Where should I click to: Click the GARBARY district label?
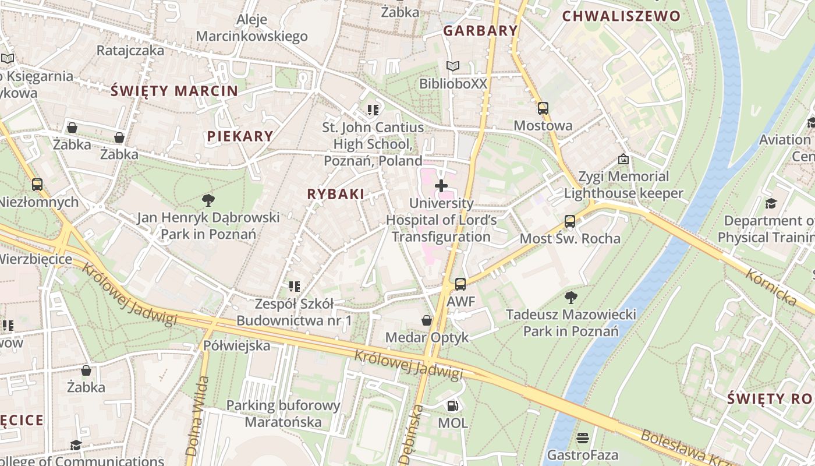(480, 31)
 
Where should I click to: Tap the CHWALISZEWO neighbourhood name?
(621, 16)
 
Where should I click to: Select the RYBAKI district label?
(335, 195)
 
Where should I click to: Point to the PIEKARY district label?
(240, 136)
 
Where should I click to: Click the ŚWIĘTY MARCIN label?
(174, 91)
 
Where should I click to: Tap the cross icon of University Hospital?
(441, 186)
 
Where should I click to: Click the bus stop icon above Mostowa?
(543, 108)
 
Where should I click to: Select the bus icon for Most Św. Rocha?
(569, 221)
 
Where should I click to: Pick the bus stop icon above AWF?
(460, 284)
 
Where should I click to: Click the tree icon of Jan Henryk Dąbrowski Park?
(208, 201)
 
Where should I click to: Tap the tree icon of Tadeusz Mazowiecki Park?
(570, 298)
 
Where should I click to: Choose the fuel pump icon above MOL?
(452, 405)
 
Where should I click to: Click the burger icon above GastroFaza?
(582, 437)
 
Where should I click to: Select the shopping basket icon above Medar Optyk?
(427, 320)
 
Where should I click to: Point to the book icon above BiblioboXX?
(452, 66)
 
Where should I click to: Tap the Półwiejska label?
(236, 345)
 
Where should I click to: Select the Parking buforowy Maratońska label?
(283, 414)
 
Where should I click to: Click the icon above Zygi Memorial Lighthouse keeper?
(623, 159)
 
